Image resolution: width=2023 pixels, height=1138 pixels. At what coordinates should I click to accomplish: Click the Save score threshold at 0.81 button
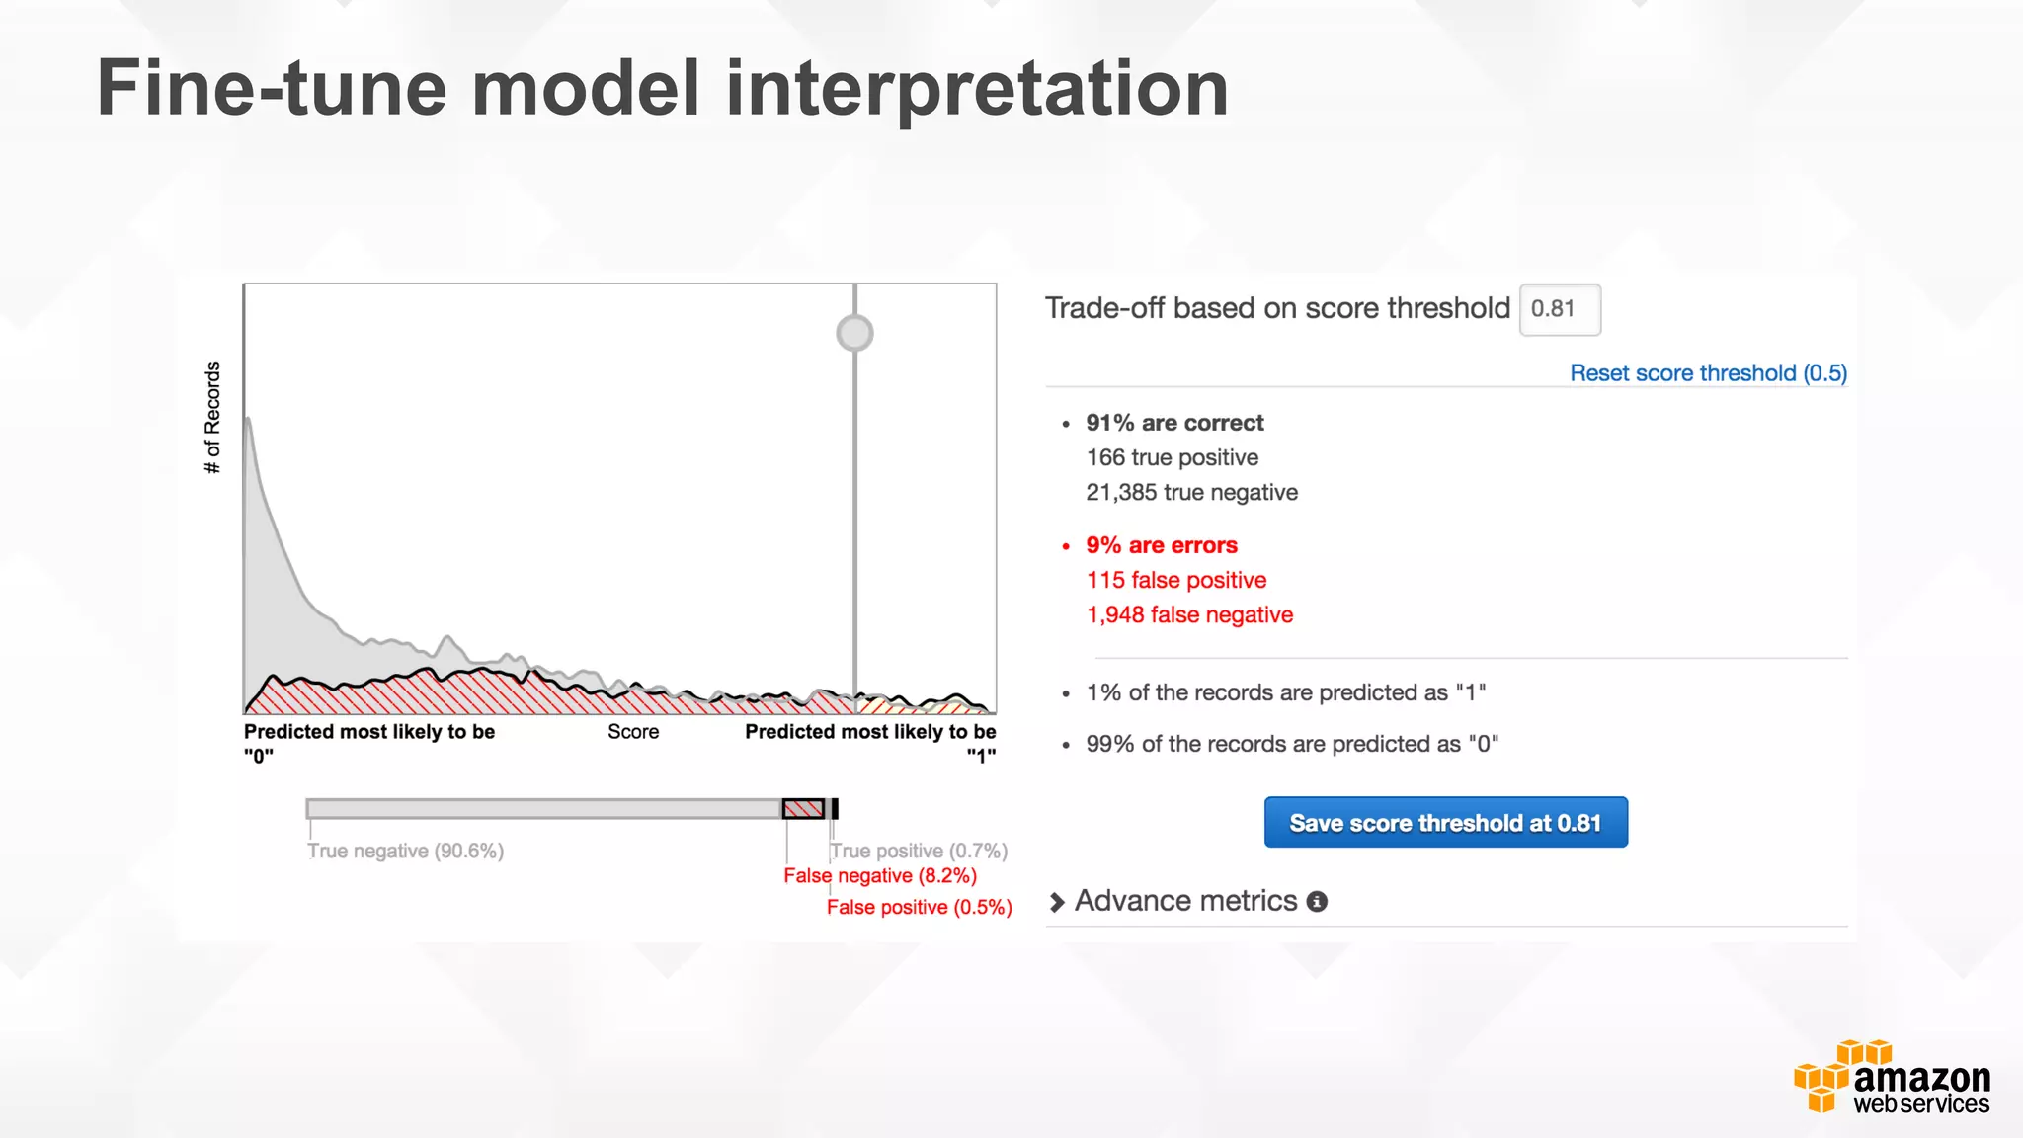[1445, 822]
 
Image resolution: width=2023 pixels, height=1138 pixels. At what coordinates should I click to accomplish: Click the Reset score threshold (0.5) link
[1708, 373]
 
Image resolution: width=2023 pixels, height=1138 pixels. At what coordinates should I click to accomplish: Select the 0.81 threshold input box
[1559, 309]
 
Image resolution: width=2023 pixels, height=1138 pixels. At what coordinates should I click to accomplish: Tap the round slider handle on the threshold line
[854, 333]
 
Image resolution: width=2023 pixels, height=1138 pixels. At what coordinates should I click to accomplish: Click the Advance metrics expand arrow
[1057, 902]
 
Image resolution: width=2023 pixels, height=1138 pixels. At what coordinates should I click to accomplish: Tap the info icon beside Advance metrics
[1317, 902]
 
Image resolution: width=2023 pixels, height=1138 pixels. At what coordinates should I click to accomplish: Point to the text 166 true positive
[1173, 457]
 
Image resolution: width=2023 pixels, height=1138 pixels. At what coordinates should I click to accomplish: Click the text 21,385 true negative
[1191, 492]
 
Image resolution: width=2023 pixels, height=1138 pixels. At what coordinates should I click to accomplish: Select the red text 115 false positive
[1175, 580]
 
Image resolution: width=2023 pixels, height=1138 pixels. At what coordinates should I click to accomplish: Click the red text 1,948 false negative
[1189, 614]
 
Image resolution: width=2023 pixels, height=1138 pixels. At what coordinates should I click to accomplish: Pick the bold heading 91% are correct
[1174, 423]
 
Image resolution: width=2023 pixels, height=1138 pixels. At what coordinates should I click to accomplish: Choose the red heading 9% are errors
[1162, 545]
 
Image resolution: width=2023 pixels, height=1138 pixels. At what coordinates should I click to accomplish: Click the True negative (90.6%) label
[405, 851]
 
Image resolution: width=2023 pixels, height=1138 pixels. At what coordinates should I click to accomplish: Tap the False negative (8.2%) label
[880, 875]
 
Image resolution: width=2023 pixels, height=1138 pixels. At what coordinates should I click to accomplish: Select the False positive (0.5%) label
[919, 907]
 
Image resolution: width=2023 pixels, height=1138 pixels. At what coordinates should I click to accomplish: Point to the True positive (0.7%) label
[919, 851]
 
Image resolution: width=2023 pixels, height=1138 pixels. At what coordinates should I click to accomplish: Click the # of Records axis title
[212, 417]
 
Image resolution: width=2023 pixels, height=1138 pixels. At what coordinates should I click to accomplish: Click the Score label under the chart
[633, 732]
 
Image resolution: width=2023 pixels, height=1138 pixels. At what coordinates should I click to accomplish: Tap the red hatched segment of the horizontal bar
[803, 809]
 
